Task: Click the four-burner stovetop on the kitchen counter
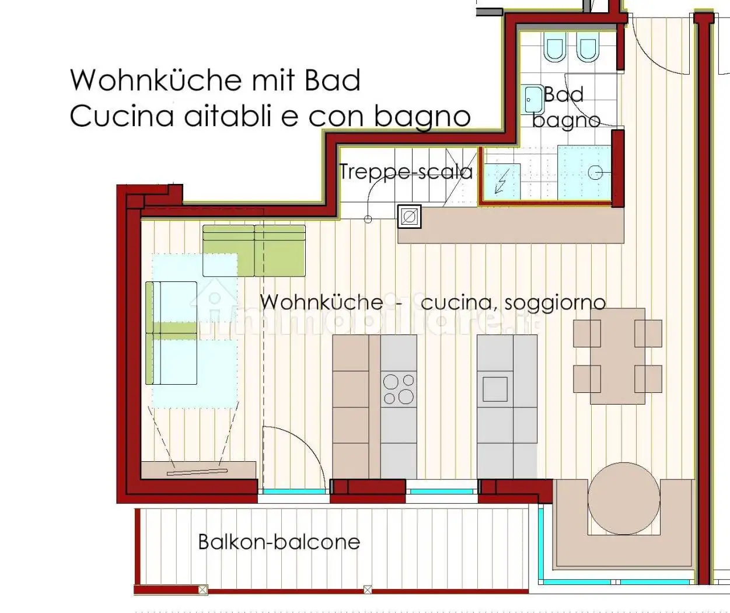(x=399, y=389)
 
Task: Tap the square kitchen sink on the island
(x=495, y=389)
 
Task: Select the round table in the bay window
(x=624, y=498)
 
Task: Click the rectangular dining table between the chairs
(x=617, y=356)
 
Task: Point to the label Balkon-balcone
(x=279, y=542)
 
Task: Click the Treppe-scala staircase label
(x=406, y=172)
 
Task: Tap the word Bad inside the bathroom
(x=564, y=95)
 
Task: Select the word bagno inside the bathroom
(x=566, y=120)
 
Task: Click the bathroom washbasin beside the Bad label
(x=533, y=100)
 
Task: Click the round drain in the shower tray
(x=595, y=172)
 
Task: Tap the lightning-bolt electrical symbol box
(x=501, y=181)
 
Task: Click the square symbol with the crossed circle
(x=409, y=217)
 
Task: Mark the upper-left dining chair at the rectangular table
(x=587, y=333)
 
